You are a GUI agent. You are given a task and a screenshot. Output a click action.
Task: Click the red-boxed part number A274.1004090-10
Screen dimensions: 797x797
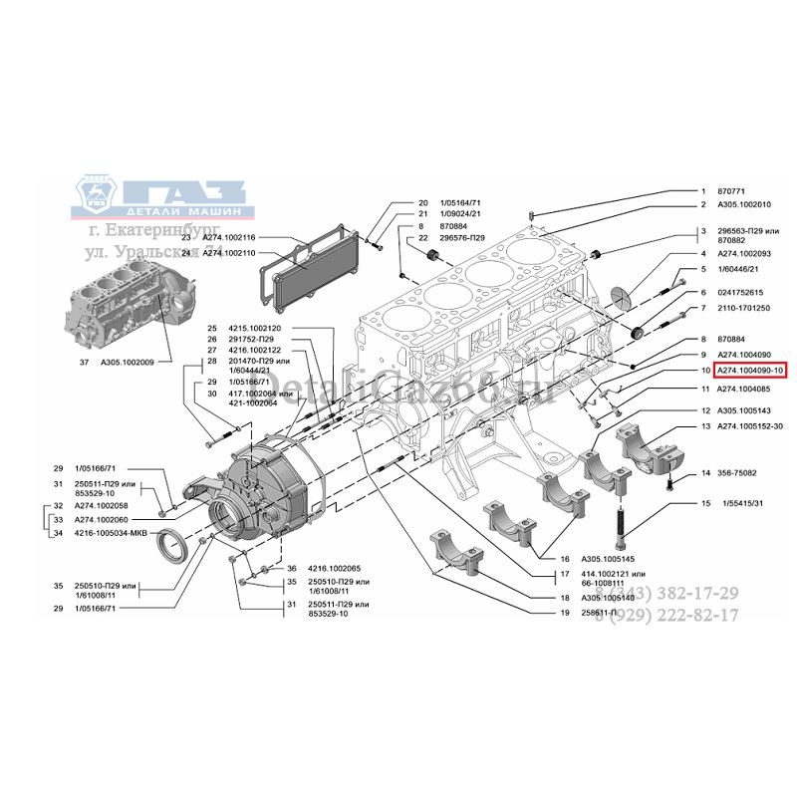(749, 370)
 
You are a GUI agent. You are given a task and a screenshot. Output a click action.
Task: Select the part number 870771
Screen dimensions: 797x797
(731, 190)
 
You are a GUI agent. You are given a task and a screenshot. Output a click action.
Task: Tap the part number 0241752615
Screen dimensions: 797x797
(739, 292)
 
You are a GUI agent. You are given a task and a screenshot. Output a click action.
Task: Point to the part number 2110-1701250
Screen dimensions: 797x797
(742, 308)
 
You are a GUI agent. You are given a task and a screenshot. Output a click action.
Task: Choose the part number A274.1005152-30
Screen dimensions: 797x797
(750, 425)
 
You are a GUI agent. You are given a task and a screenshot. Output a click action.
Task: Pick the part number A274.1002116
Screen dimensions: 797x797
(229, 238)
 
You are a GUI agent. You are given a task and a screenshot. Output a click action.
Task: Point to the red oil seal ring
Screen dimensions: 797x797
(179, 547)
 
